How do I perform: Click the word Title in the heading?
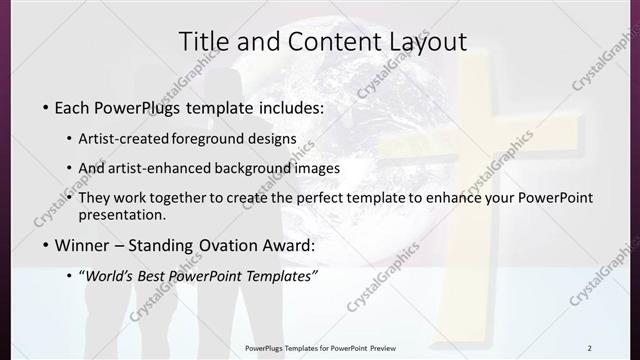point(203,41)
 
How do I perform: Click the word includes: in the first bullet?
point(290,106)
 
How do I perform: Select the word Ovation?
point(229,245)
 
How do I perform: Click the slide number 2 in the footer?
point(589,348)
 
